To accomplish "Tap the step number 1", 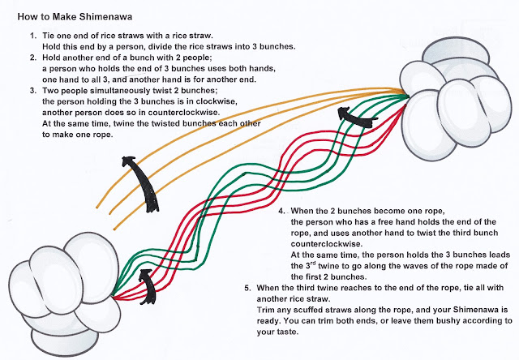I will coord(32,36).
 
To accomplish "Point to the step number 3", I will coord(32,93).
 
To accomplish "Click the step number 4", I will coord(281,212).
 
